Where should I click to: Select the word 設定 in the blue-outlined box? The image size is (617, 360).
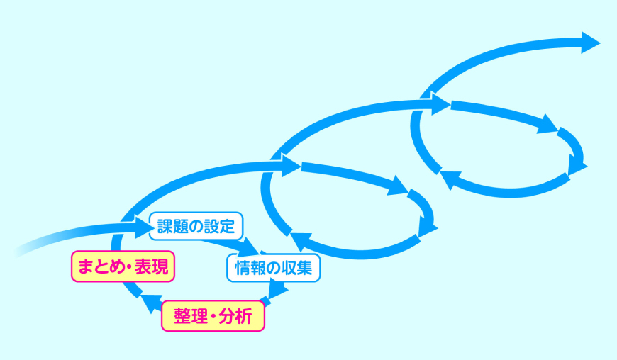(x=222, y=227)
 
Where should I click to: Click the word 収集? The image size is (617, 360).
(x=300, y=267)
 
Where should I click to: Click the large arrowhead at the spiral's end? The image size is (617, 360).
(x=589, y=42)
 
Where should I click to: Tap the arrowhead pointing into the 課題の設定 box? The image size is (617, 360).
(x=143, y=226)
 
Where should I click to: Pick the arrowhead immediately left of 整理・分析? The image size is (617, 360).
(x=150, y=303)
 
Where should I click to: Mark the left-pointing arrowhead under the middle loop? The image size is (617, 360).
(x=299, y=240)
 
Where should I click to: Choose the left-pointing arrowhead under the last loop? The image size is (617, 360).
(x=448, y=178)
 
